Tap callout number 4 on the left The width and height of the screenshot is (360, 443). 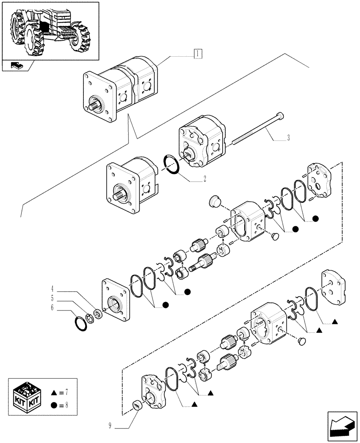[52, 291]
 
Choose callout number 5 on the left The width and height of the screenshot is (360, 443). [52, 299]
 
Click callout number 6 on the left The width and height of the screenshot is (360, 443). [52, 307]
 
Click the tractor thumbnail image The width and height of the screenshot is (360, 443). [50, 30]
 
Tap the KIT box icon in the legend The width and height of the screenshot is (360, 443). [27, 397]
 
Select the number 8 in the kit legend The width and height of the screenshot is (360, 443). [67, 404]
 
